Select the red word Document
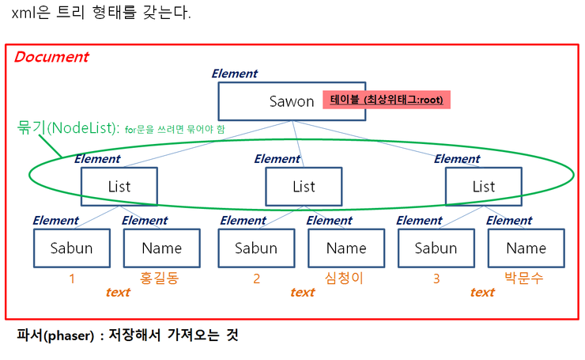(x=51, y=57)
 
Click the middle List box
(x=304, y=187)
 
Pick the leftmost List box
(x=119, y=187)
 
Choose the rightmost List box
(x=483, y=187)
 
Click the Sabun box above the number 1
(x=71, y=248)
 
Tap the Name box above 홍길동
(x=161, y=248)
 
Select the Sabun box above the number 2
(x=256, y=248)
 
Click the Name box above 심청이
(x=346, y=248)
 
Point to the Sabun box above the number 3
(x=436, y=248)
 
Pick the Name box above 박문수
(x=526, y=248)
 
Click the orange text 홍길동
(x=161, y=279)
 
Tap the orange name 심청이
(x=346, y=279)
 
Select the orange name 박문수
(x=526, y=279)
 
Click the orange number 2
(x=256, y=279)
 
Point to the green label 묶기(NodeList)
(x=68, y=127)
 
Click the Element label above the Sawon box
(x=234, y=74)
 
